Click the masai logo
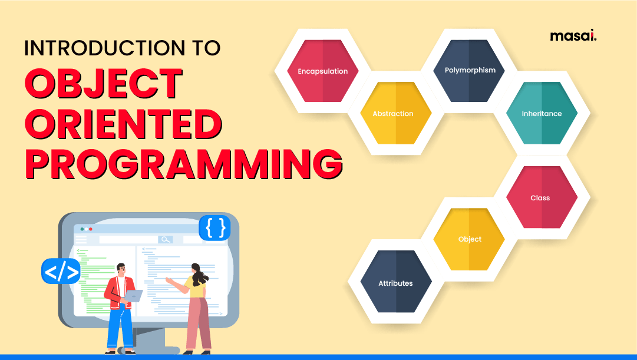573,37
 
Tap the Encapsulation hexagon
322,71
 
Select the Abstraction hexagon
393,113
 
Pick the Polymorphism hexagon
470,70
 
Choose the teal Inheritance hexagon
542,113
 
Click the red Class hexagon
541,197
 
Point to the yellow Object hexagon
470,239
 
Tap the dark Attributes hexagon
395,283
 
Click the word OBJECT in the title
104,84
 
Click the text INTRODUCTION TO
122,47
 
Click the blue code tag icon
61,272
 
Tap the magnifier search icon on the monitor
166,239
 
